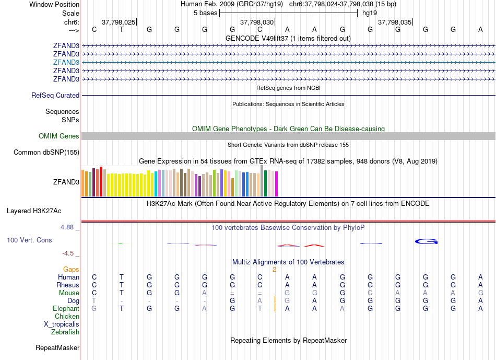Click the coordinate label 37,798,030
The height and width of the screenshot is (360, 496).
pos(256,22)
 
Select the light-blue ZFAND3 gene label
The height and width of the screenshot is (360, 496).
pos(66,62)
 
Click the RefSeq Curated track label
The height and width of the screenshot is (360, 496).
pos(55,96)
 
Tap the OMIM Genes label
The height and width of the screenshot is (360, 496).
pos(59,136)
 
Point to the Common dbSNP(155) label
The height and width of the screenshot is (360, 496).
pos(46,153)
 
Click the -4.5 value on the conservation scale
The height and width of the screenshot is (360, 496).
pos(68,253)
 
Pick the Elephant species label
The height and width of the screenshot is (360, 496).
pos(66,309)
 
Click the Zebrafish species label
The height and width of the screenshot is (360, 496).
pos(65,332)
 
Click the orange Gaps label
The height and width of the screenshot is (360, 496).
pos(71,270)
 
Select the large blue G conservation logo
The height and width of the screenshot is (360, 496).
pos(426,241)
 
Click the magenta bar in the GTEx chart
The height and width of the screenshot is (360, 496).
pos(277,184)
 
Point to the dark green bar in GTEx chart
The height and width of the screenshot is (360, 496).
pos(266,183)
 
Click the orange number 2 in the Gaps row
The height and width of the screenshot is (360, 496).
pos(274,270)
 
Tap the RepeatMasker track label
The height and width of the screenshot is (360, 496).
pos(57,347)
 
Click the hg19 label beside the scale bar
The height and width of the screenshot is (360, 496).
pos(370,13)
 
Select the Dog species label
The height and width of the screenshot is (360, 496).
pos(73,301)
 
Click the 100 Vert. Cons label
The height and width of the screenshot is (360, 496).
pos(29,240)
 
